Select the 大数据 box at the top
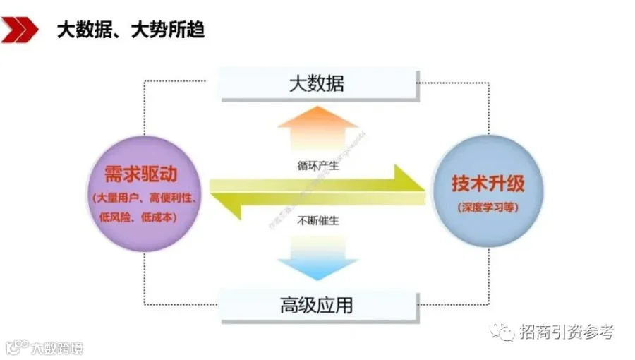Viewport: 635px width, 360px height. [317, 84]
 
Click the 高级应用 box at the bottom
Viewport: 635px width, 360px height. [317, 305]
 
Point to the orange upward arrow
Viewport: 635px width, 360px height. [317, 127]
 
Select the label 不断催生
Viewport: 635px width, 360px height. [317, 220]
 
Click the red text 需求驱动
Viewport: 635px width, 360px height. [133, 173]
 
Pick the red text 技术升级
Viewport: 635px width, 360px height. [488, 184]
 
